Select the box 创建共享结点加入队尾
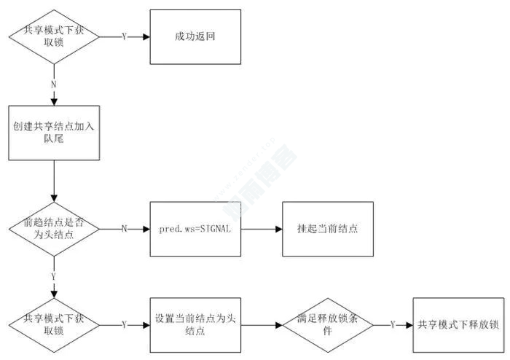53,132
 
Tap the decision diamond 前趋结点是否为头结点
53,228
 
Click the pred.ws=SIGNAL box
195,228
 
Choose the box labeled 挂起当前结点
327,228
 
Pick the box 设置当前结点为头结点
195,324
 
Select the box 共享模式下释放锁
458,324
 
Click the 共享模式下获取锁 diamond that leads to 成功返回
53,36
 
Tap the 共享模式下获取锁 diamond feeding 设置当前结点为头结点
53,324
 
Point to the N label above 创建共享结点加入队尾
53,84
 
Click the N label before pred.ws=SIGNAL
124,229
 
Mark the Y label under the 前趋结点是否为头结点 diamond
53,277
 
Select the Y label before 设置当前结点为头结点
124,324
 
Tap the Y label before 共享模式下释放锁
393,324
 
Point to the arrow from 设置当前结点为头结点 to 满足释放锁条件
261,324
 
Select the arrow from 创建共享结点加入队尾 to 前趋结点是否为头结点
53,181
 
